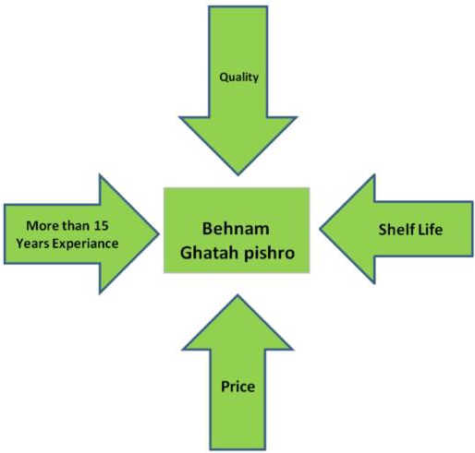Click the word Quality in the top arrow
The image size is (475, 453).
coord(238,77)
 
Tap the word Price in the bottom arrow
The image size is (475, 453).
coord(237,387)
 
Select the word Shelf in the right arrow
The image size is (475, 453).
coord(395,229)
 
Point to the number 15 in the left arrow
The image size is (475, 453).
coord(102,226)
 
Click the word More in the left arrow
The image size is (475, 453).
coord(43,226)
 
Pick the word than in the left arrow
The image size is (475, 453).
coord(76,226)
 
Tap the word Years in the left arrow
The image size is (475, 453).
coord(32,244)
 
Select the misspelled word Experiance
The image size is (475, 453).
coord(85,244)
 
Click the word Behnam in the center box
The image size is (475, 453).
coord(236,229)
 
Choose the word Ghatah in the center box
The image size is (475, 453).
coord(209,253)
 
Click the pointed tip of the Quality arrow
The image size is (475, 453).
coord(238,175)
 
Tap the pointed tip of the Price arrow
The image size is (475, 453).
coord(237,295)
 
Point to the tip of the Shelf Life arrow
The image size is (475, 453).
coord(321,229)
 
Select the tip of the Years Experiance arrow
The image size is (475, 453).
coord(159,234)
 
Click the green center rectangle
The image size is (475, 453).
coord(237,230)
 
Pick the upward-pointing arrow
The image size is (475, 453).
coord(237,373)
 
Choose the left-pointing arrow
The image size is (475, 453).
coord(396,229)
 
